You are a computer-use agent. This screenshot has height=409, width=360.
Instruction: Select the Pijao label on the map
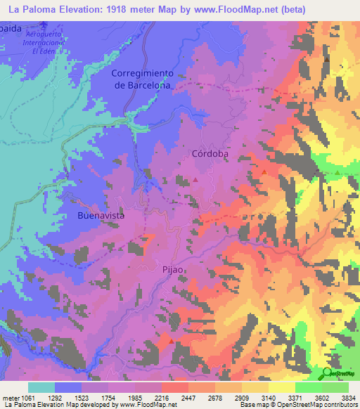173,269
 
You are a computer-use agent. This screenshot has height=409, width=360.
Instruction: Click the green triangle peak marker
337,173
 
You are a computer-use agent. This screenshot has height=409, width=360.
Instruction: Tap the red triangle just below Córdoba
195,180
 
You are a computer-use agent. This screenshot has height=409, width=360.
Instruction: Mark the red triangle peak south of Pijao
171,342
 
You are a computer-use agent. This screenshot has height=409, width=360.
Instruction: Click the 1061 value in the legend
28,398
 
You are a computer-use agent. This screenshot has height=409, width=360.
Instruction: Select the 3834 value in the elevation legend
349,398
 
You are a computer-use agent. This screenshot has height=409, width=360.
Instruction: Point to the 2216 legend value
162,398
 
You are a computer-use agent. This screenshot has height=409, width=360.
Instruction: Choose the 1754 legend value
108,398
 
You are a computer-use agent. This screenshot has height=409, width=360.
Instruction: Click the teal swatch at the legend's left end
41,387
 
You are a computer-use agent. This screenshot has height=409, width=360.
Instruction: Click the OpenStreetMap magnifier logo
328,372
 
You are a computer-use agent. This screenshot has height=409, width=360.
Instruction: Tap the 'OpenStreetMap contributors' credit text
320,405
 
